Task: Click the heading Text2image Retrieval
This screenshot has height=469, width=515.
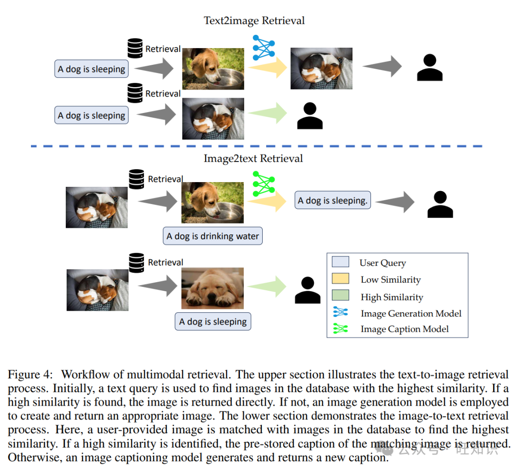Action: (x=254, y=20)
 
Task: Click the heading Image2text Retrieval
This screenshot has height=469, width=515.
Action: (x=253, y=158)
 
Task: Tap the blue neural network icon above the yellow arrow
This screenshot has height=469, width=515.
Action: (x=264, y=48)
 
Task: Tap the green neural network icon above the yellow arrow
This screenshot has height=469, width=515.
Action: (x=264, y=184)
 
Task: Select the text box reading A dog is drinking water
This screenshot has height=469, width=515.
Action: (x=213, y=236)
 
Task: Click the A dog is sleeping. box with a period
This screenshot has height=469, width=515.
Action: (x=333, y=201)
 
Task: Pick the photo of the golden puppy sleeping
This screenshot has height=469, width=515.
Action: (x=212, y=288)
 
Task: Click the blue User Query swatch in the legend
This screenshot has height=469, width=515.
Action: (x=340, y=262)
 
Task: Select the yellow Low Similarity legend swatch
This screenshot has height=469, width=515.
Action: (x=340, y=279)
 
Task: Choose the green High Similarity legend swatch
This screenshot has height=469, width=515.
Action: (x=340, y=296)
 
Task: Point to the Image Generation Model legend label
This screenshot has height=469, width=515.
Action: (x=411, y=314)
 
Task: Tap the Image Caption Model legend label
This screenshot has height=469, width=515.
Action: (x=404, y=329)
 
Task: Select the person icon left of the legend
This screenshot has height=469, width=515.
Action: (x=308, y=290)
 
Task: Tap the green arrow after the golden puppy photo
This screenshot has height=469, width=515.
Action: (x=267, y=286)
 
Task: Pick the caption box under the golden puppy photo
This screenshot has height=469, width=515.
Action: (x=213, y=322)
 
